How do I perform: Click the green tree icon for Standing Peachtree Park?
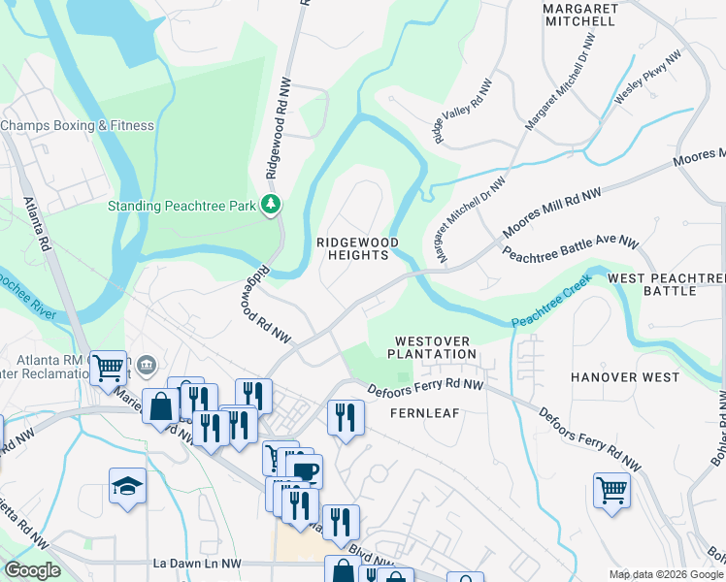tap(273, 205)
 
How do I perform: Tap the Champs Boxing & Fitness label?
tap(78, 125)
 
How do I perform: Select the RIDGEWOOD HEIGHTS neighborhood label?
tap(353, 248)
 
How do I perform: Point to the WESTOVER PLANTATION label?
tap(436, 347)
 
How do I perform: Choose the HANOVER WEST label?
tap(625, 376)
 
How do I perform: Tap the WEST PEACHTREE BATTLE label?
tap(667, 284)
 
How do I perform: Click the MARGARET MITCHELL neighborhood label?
tap(579, 14)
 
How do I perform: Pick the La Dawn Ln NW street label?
tap(197, 563)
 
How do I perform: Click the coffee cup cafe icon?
tap(304, 471)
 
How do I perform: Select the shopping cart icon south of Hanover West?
tap(611, 489)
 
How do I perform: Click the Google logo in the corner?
tap(32, 571)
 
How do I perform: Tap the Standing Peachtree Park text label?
tap(181, 205)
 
